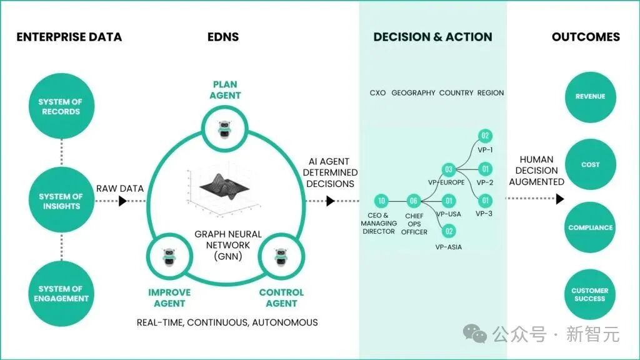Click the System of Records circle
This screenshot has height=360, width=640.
tap(60, 107)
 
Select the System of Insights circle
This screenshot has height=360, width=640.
tap(60, 201)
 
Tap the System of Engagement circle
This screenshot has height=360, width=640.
tap(60, 294)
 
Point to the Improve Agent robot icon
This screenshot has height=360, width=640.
tap(167, 257)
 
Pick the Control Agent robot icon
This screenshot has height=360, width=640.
tap(281, 257)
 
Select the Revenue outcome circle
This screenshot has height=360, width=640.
tap(590, 97)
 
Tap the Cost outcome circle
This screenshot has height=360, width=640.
tap(590, 165)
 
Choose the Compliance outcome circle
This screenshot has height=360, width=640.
tap(590, 227)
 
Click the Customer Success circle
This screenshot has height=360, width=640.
tap(590, 294)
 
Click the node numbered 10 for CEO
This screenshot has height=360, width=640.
tap(381, 201)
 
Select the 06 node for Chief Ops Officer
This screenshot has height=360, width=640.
tap(413, 201)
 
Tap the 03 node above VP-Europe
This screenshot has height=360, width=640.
tap(448, 169)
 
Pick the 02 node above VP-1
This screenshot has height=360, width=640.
tap(484, 136)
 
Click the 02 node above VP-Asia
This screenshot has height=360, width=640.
tap(449, 231)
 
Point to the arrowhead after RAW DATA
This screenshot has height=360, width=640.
tap(123, 201)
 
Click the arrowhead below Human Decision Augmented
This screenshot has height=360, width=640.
tap(560, 199)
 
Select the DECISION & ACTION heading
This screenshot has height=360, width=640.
tap(432, 37)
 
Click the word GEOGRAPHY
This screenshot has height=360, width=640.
tap(413, 93)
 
